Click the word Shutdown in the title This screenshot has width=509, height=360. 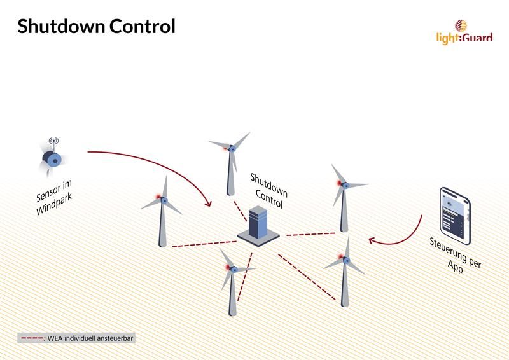(60, 26)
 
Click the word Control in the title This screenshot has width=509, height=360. (142, 26)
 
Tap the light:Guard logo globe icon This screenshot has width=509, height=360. (461, 25)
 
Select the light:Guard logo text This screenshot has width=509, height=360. (464, 38)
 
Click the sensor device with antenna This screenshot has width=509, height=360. (52, 156)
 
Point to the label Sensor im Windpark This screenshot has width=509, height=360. (54, 197)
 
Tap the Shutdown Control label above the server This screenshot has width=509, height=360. (269, 191)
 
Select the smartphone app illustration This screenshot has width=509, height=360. (455, 216)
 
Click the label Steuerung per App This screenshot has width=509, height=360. (455, 256)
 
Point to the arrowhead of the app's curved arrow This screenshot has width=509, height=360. (373, 240)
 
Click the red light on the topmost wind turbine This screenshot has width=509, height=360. (225, 149)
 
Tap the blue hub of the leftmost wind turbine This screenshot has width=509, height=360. (164, 200)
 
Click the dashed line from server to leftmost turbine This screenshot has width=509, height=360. (204, 244)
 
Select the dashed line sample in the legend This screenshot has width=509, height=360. (32, 338)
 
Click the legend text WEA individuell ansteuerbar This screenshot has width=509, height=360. (90, 338)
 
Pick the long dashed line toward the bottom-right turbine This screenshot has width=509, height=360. (307, 277)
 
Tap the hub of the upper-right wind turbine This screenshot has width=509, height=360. (346, 185)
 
